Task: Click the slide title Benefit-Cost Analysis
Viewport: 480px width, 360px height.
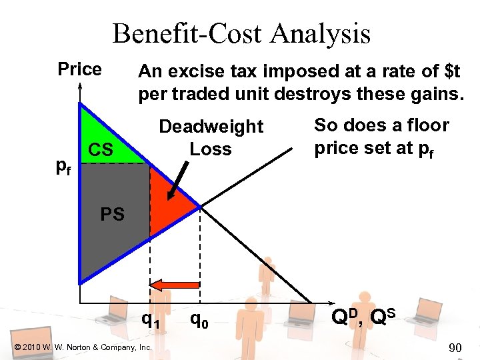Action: pyautogui.click(x=241, y=33)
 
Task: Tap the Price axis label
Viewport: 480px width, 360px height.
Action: pyautogui.click(x=79, y=69)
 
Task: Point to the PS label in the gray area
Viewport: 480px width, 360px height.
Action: pyautogui.click(x=111, y=215)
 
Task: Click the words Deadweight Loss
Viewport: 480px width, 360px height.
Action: pyautogui.click(x=211, y=137)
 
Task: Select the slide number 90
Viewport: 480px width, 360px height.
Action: pyautogui.click(x=455, y=347)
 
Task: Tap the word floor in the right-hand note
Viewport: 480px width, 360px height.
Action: pyautogui.click(x=427, y=125)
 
